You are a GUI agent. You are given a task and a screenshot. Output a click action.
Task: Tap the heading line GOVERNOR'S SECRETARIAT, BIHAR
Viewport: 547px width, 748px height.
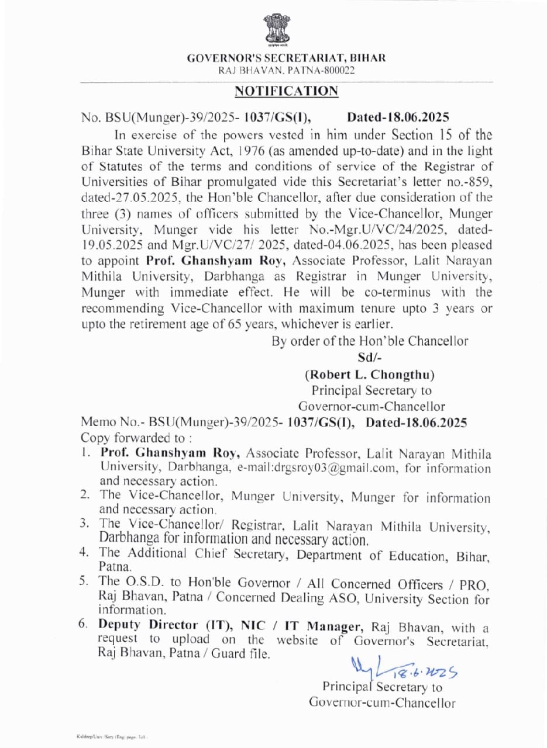pos(286,58)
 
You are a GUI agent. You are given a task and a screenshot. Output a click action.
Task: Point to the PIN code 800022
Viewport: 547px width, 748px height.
pos(338,70)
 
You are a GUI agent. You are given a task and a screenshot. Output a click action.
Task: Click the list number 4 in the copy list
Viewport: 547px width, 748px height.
pos(84,552)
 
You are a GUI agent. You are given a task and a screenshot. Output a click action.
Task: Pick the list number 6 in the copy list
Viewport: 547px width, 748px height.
pos(84,626)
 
